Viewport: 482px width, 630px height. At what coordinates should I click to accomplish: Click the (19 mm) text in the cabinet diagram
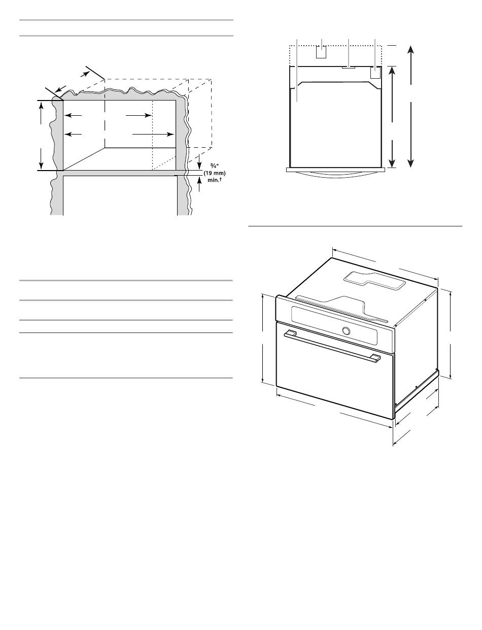214,174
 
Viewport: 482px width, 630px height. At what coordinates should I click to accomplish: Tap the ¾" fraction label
214,167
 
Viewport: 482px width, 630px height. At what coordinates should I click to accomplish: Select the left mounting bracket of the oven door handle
291,332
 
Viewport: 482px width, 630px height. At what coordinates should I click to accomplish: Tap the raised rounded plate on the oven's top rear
373,280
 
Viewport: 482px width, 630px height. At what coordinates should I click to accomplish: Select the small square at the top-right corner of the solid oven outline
375,73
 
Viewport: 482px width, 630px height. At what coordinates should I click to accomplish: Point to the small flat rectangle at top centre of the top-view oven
349,68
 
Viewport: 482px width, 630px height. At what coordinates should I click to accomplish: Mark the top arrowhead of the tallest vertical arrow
410,49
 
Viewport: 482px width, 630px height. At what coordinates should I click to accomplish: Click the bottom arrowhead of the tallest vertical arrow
410,163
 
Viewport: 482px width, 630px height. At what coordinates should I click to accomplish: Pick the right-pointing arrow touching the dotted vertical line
139,115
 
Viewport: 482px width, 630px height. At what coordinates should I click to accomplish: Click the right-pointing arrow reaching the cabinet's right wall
153,134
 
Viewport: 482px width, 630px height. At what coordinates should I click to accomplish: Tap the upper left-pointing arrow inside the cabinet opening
73,115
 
